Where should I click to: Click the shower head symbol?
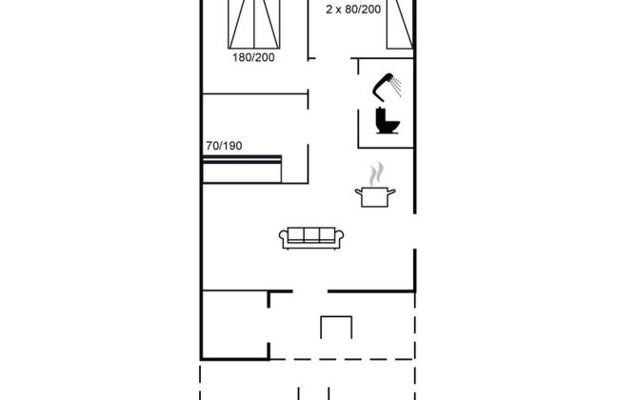[x=389, y=86]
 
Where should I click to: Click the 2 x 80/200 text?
[x=352, y=10]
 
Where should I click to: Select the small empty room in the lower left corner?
[x=234, y=325]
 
